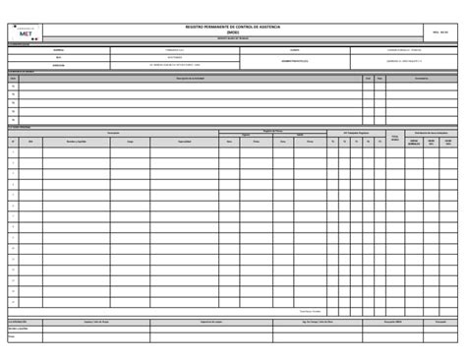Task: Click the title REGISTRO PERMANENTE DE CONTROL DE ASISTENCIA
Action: (x=232, y=27)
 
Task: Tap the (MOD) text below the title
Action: (x=232, y=32)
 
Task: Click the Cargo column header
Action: (x=129, y=142)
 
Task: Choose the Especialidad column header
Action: (x=185, y=142)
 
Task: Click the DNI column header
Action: (x=30, y=142)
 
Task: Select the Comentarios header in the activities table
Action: (x=421, y=78)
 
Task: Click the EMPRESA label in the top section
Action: (x=58, y=49)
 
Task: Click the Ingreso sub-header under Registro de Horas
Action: (x=245, y=135)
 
